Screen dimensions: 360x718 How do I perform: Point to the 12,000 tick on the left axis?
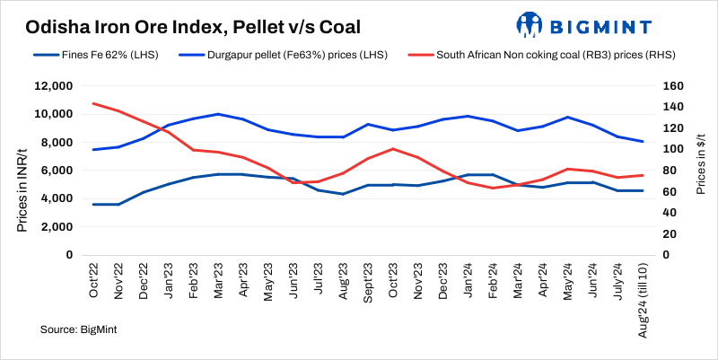[52, 86]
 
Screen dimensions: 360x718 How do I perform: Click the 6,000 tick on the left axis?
[55, 171]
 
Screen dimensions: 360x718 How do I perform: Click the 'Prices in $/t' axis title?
[701, 171]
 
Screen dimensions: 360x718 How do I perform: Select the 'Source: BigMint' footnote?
[79, 330]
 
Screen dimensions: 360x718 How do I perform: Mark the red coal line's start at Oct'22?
[94, 103]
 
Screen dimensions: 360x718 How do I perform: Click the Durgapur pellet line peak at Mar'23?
[218, 114]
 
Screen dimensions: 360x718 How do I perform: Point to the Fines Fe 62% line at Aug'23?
[343, 194]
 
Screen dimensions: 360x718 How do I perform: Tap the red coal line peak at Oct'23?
[393, 149]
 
